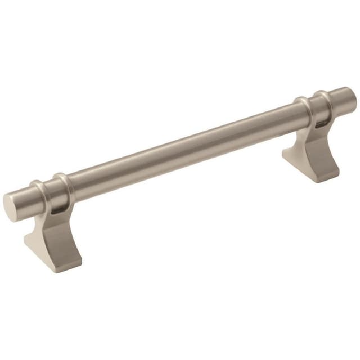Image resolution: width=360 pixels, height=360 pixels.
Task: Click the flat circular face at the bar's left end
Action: click(12, 207)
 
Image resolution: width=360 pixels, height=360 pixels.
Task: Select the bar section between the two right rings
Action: click(311, 107)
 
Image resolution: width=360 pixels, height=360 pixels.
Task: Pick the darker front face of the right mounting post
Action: click(326, 152)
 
